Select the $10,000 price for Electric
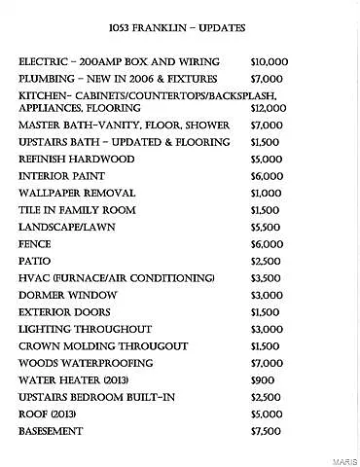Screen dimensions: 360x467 (269, 61)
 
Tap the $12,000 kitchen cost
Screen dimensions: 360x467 (269, 109)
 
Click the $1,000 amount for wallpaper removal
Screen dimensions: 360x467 (266, 193)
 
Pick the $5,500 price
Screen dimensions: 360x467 (266, 227)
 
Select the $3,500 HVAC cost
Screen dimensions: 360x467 (266, 277)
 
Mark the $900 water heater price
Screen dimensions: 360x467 (263, 379)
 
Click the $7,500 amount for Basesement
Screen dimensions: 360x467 (266, 430)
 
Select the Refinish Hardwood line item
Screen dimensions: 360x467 (74, 159)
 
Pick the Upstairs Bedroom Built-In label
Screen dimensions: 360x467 (94, 396)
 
